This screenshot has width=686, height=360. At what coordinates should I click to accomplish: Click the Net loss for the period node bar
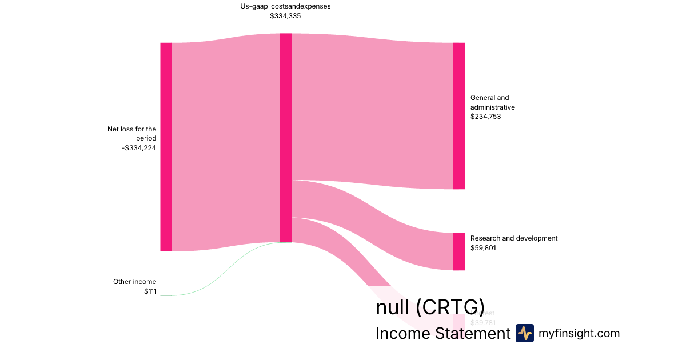point(166,147)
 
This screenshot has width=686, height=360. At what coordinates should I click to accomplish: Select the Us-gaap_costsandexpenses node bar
point(285,137)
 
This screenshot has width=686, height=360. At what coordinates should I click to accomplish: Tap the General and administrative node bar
point(458,115)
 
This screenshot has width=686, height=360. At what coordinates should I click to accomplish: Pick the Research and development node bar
point(458,251)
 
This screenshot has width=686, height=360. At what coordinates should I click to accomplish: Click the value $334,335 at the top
point(285,16)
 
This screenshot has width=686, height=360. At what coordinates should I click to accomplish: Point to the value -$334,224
point(139,148)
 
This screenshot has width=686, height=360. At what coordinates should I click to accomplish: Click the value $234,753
point(486,117)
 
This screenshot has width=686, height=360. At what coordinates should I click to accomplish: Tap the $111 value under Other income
point(150,291)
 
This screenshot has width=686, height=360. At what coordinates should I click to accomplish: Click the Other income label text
point(134,282)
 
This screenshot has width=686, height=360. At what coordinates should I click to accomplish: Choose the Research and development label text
point(513,238)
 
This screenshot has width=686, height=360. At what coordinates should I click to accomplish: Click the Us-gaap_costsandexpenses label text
point(285,7)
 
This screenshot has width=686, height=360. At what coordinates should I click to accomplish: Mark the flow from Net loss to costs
point(226,143)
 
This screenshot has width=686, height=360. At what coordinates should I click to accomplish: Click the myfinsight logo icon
point(524,333)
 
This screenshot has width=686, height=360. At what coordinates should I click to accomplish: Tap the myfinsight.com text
point(579,333)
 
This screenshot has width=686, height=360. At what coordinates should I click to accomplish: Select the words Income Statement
point(442,334)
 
